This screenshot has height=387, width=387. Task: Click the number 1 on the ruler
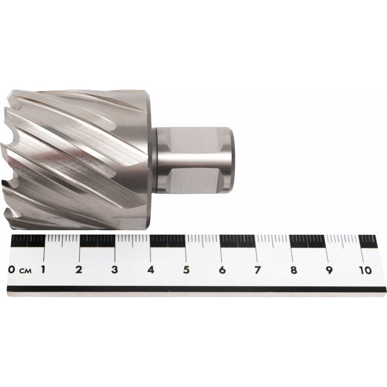coord(43,269)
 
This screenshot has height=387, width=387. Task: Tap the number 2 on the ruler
coord(79,269)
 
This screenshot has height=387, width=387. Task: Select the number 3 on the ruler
coord(115,270)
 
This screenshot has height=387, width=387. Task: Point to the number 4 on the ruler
coord(151,270)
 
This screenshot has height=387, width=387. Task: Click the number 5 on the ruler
coord(187,270)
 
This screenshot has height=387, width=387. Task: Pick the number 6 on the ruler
coord(222,270)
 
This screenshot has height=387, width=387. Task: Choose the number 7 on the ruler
coord(258,270)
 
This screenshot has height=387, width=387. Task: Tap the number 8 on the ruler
coord(293,270)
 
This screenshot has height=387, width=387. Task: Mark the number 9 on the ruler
coord(329,270)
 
